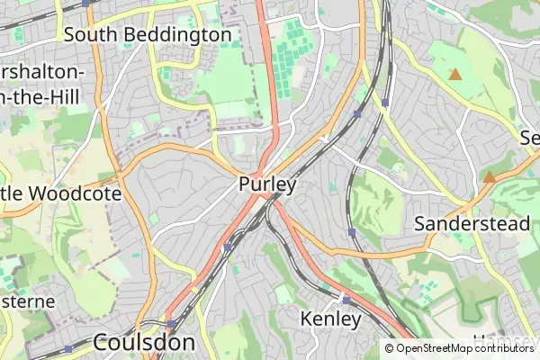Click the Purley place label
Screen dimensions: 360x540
[x=267, y=184]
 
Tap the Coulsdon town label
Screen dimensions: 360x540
[x=144, y=342]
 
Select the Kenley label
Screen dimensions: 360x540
[x=330, y=319]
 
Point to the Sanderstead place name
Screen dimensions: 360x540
[x=472, y=223]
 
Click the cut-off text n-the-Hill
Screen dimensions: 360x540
[x=40, y=96]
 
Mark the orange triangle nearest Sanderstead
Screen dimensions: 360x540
[x=489, y=177]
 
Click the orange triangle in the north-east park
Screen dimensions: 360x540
[x=455, y=75]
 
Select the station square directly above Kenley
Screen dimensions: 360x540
[x=346, y=300]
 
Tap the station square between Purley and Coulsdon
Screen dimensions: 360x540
[x=228, y=246]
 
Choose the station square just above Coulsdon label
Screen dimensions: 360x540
[x=171, y=322]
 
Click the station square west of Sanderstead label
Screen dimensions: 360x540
[x=352, y=232]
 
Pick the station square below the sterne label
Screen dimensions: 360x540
[x=68, y=348]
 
